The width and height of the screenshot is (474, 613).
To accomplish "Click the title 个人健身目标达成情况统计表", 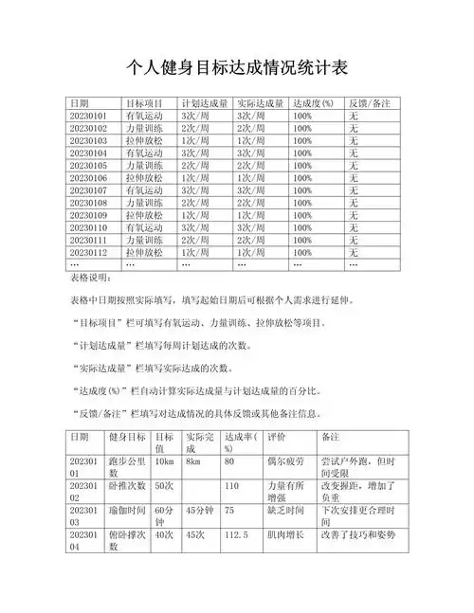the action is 237,67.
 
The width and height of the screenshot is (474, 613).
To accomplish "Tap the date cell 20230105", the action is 89,165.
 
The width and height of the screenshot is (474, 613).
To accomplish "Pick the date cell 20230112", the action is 89,253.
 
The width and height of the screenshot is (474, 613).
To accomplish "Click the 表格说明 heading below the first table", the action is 91,279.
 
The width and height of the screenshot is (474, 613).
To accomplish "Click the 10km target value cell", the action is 164,461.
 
